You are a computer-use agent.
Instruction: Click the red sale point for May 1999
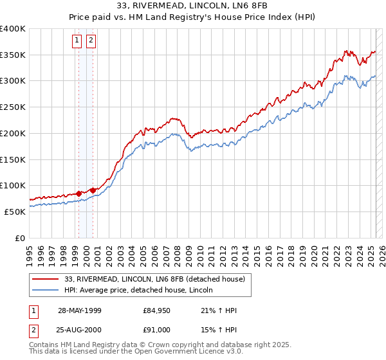(x=78, y=193)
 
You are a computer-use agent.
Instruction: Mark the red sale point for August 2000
(x=93, y=190)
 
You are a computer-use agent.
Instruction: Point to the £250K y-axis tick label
(x=13, y=107)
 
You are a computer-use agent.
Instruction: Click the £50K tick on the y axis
(x=15, y=212)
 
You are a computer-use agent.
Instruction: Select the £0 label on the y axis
(x=20, y=238)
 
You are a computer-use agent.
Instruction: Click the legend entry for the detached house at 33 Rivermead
(x=154, y=280)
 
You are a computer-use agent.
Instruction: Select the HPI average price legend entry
(x=138, y=291)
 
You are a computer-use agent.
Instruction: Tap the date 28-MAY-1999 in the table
(x=80, y=311)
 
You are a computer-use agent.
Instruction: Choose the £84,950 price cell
(x=157, y=311)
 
